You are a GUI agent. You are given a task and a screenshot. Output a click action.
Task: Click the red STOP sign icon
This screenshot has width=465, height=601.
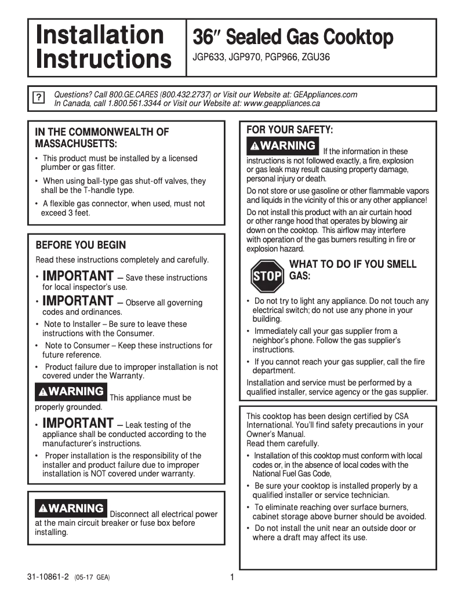coord(267,276)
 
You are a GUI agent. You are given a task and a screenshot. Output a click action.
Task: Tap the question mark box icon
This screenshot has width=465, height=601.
coord(38,97)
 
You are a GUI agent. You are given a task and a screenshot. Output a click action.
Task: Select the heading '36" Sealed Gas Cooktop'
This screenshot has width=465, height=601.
coord(293,38)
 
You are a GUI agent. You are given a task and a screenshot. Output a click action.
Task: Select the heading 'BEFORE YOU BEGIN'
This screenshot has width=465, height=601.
coord(81,245)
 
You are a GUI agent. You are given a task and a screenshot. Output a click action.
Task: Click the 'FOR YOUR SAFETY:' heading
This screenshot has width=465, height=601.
coord(290,129)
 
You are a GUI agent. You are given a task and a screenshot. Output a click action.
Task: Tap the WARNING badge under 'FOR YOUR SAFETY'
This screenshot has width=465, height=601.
coord(282,145)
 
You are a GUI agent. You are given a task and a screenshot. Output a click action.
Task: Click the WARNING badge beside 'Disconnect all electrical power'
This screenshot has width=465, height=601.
coord(71,508)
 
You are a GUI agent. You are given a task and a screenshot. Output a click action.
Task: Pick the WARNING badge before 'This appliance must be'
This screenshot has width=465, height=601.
coord(71,392)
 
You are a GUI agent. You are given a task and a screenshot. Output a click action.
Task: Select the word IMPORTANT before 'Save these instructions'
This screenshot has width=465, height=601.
coord(78,275)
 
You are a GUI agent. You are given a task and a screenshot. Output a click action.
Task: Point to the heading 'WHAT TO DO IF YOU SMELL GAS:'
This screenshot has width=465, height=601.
coord(352,270)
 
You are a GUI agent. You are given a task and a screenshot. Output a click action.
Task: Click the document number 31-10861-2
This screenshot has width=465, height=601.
coord(48,577)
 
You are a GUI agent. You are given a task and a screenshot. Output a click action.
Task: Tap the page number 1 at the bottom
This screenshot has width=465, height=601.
coord(232,577)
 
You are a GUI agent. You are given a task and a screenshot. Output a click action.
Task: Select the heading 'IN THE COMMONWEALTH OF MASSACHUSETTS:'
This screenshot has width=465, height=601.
coord(102,137)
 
